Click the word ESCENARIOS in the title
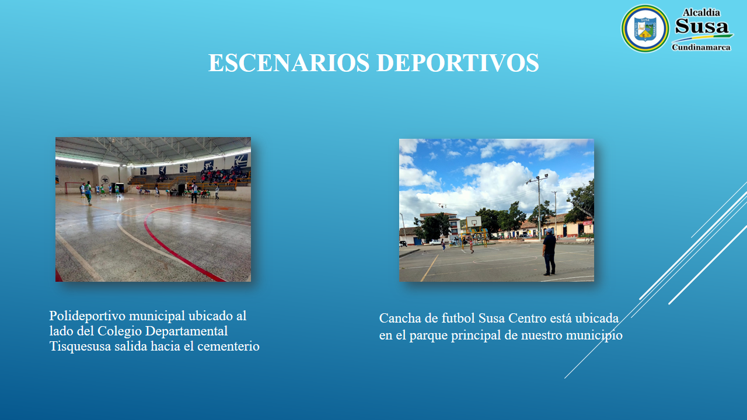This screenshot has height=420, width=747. [x=289, y=62]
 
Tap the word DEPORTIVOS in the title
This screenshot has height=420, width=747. [x=458, y=62]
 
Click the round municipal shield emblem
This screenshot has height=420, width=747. [x=645, y=29]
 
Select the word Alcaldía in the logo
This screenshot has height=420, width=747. [x=701, y=13]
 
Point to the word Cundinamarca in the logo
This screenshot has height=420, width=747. [x=701, y=47]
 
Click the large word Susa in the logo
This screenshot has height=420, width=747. [x=701, y=26]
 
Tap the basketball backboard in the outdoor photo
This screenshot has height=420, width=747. [x=474, y=221]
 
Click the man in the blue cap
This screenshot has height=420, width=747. [x=549, y=251]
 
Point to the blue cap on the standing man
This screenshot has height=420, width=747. [x=549, y=230]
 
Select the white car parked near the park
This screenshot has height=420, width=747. [x=435, y=242]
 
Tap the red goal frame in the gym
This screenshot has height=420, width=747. [x=72, y=187]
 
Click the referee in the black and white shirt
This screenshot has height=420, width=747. [x=194, y=192]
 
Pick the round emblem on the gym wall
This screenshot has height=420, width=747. [x=105, y=180]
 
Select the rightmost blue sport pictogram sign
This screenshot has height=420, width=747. [x=241, y=160]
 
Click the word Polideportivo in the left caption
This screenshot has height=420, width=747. [x=88, y=316]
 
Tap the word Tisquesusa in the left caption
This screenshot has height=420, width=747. [x=80, y=346]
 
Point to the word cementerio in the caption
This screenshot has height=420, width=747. [x=228, y=346]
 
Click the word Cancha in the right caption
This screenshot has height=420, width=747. [x=400, y=318]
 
